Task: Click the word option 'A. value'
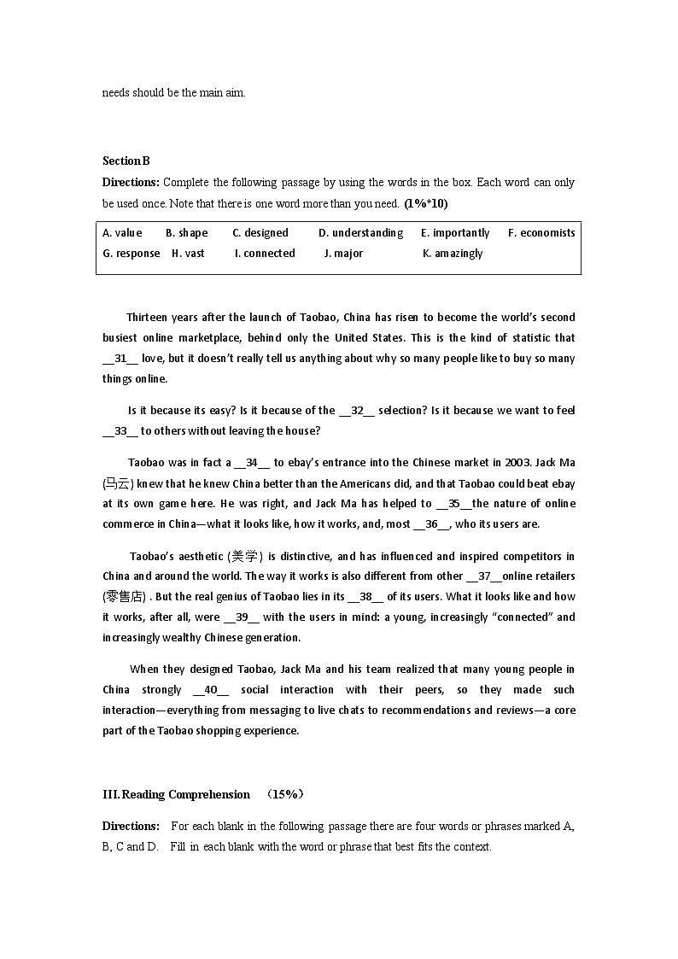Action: (x=122, y=233)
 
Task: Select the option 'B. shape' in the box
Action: (x=187, y=233)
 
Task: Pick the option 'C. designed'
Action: (x=260, y=233)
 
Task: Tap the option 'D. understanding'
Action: (x=360, y=233)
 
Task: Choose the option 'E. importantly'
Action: (x=455, y=233)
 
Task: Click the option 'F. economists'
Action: (x=541, y=233)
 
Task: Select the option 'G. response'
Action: (x=132, y=254)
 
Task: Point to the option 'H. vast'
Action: (x=188, y=254)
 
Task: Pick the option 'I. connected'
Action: (x=265, y=254)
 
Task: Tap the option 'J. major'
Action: (x=343, y=254)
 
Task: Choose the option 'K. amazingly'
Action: (x=453, y=254)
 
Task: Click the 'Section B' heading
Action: (x=126, y=161)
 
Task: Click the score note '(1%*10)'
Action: (x=426, y=204)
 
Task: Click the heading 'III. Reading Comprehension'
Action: (x=176, y=795)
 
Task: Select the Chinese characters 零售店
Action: (x=124, y=597)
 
